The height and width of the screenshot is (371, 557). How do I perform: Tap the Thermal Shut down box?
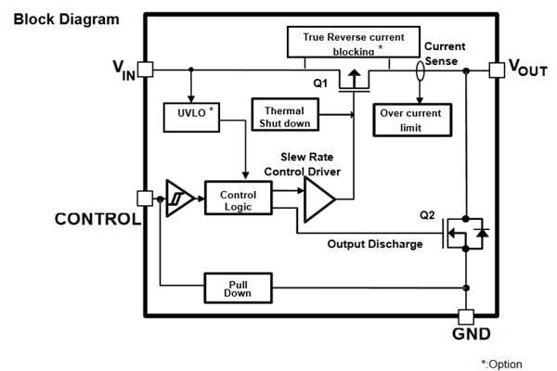click(283, 116)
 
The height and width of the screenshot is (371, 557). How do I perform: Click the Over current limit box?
click(410, 118)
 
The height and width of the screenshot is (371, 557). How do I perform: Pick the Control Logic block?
click(237, 198)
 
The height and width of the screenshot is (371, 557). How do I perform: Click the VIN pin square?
click(145, 70)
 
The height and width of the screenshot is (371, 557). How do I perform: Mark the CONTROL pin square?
click(144, 198)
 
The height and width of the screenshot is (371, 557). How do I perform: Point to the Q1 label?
click(320, 83)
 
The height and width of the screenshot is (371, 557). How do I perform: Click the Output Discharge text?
click(375, 244)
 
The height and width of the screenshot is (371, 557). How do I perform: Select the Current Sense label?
click(444, 53)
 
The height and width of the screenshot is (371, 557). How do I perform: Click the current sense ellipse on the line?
click(421, 70)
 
